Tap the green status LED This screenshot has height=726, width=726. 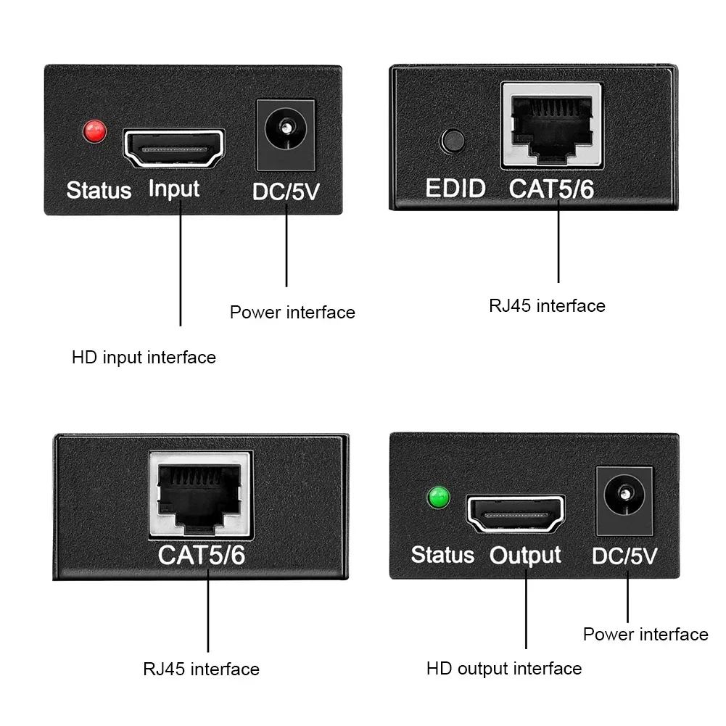point(438,498)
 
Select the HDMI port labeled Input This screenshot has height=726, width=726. point(173,149)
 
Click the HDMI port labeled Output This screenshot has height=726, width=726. point(516,514)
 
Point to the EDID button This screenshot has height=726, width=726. point(454,140)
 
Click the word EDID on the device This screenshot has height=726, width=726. point(455,189)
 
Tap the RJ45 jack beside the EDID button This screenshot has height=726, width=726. point(551,125)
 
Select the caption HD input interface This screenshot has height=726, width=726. point(144,358)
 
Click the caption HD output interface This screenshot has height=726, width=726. point(504,668)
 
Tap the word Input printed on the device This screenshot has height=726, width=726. point(173,189)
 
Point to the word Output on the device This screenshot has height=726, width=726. point(525,556)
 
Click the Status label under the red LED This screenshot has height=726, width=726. point(99,191)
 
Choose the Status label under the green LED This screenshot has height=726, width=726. point(442,555)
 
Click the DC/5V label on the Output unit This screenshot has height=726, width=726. point(624,556)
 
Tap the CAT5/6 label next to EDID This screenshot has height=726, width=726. point(551,189)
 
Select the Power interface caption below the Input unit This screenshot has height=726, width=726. point(292,313)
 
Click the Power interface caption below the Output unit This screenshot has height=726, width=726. point(645,635)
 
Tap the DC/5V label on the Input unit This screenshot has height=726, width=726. point(286,191)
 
